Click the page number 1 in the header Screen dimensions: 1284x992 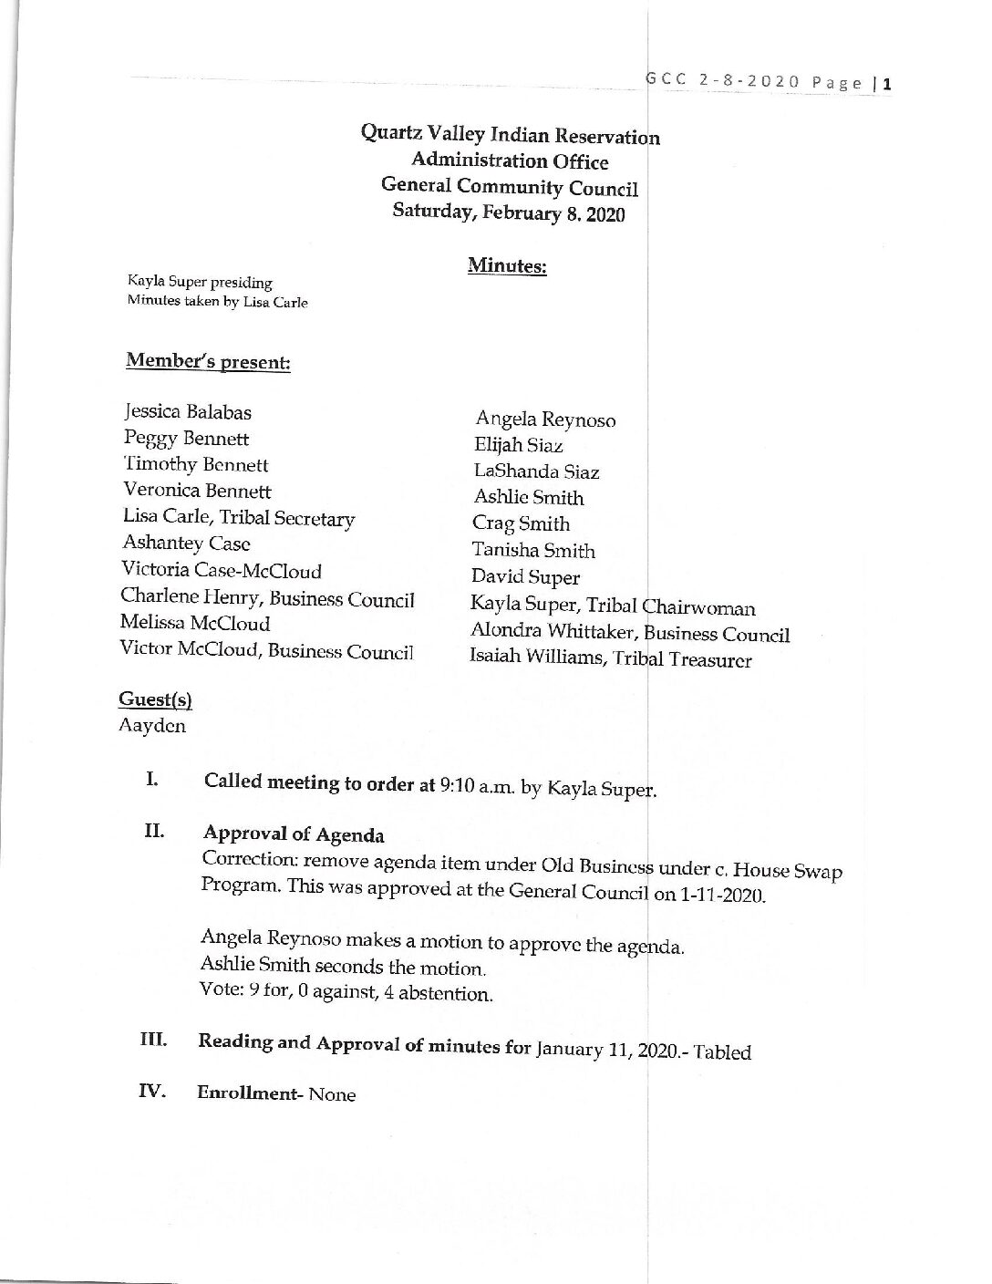(885, 84)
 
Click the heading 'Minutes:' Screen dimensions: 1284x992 (507, 265)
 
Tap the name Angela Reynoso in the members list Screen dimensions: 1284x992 (545, 419)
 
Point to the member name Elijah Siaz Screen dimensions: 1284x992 (518, 445)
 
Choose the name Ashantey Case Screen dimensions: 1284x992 (186, 544)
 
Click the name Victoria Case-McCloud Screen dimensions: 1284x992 (222, 571)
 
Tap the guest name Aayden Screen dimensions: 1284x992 (151, 726)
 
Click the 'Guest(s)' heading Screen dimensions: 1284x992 (155, 699)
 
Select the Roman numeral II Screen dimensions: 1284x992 (152, 832)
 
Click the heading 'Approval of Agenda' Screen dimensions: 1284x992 (294, 834)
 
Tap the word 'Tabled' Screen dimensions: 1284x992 (722, 1052)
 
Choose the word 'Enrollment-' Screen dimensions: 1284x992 (249, 1093)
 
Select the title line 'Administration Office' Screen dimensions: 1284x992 (510, 161)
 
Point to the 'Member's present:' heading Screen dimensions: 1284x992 (208, 361)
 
